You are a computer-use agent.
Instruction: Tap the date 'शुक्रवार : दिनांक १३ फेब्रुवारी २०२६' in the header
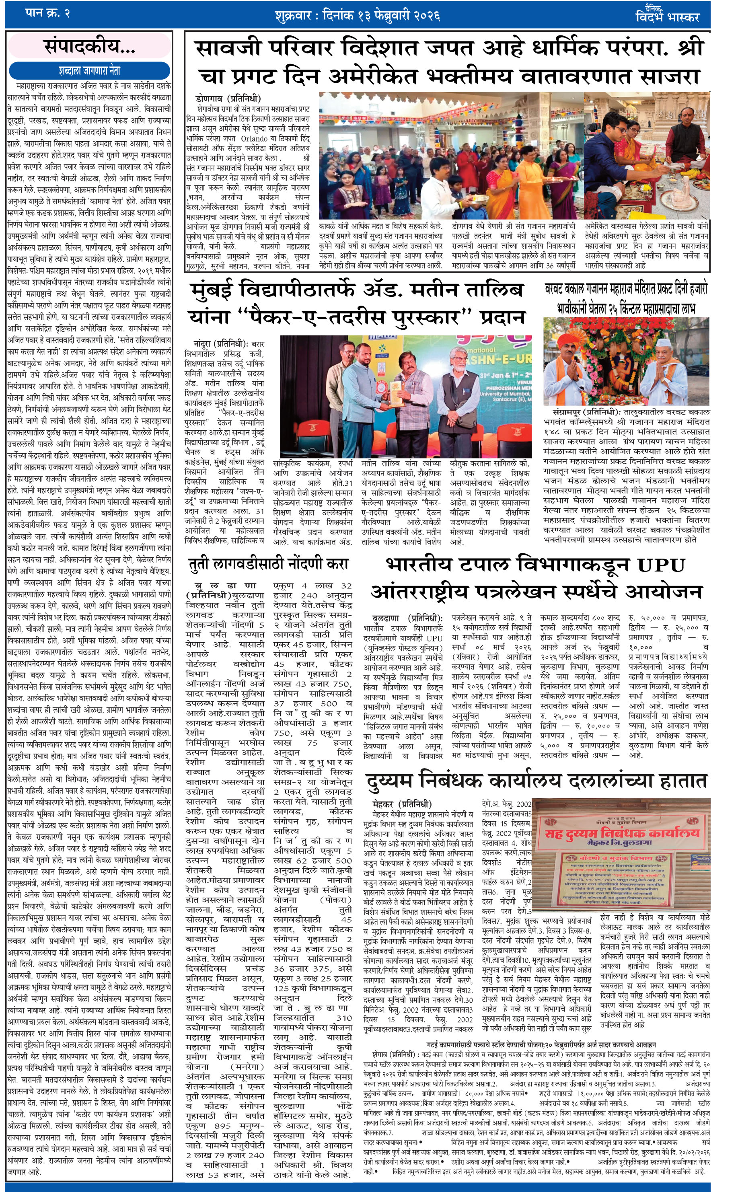[357, 16]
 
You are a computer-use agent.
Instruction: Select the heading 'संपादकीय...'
[90, 47]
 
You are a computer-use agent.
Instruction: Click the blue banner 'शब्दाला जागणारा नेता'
[90, 70]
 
